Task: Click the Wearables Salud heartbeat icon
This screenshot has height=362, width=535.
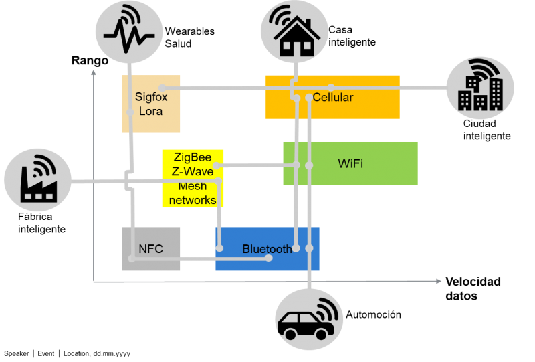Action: tap(129, 31)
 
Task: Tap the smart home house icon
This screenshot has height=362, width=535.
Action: tap(294, 31)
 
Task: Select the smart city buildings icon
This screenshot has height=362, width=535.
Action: tap(480, 88)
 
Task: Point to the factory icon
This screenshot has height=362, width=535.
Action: tap(37, 179)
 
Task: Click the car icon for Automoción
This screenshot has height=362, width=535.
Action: tap(309, 319)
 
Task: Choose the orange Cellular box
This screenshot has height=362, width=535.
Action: tap(332, 97)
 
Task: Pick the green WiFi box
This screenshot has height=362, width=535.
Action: tap(350, 163)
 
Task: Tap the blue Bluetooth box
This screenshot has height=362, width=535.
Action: tap(267, 249)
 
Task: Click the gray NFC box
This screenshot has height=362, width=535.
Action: tap(151, 249)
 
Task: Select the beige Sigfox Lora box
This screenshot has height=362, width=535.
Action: tap(151, 104)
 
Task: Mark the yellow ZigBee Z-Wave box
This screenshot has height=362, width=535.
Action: tap(193, 179)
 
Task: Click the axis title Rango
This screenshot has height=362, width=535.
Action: tap(90, 60)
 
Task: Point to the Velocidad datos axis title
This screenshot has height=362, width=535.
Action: tap(473, 288)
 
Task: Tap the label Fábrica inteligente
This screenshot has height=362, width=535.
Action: tap(41, 223)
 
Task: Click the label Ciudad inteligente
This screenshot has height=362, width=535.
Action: tap(487, 130)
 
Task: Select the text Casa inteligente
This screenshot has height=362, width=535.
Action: tap(352, 36)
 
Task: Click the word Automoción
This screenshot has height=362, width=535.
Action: tap(374, 314)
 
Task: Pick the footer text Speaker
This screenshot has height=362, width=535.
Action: tap(16, 353)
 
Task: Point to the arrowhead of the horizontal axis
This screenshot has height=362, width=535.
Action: tap(439, 281)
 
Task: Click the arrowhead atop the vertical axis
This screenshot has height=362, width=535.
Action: tap(94, 73)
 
